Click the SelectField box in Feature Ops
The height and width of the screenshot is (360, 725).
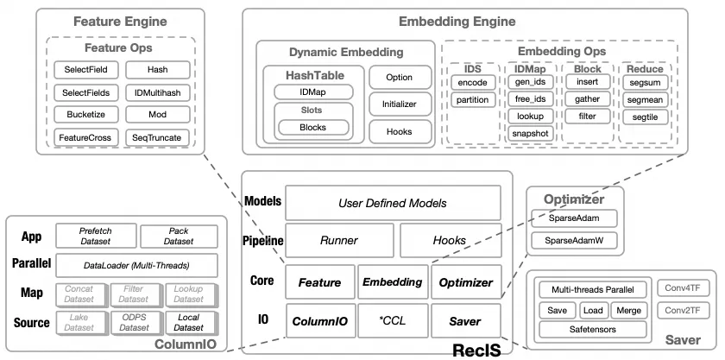click(85, 69)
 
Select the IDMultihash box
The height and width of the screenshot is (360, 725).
click(157, 92)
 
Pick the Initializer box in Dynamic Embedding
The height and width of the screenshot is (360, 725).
click(399, 104)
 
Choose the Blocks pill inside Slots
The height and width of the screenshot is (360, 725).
click(312, 128)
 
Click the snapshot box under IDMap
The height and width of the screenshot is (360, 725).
click(530, 134)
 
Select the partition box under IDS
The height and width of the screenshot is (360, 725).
click(473, 100)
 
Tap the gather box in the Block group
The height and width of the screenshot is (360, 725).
click(587, 99)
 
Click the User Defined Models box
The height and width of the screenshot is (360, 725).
click(393, 203)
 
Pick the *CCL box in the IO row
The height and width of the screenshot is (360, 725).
click(392, 321)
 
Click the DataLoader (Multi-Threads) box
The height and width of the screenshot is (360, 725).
click(136, 265)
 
